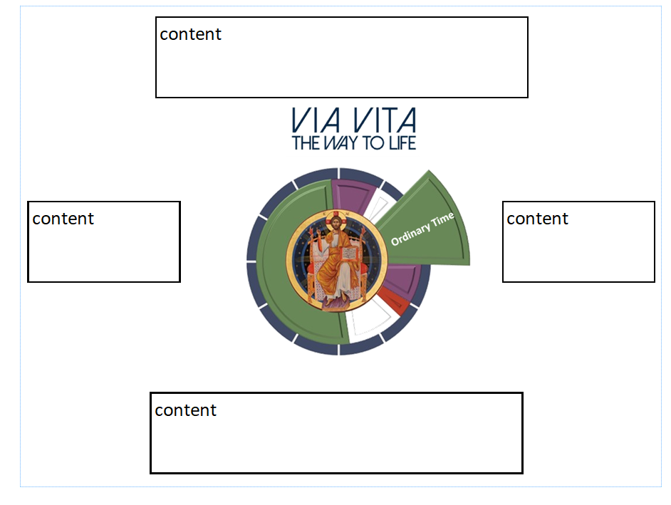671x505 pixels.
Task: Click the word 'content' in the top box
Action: pyautogui.click(x=190, y=34)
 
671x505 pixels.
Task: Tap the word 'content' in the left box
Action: pyautogui.click(x=63, y=219)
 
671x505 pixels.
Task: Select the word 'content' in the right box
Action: pyautogui.click(x=537, y=219)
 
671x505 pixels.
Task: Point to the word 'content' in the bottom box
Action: pyautogui.click(x=185, y=410)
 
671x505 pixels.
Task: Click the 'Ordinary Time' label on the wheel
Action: pyautogui.click(x=422, y=229)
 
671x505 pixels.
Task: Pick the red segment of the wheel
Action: pyautogui.click(x=390, y=300)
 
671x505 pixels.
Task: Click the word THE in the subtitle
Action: pyautogui.click(x=306, y=143)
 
